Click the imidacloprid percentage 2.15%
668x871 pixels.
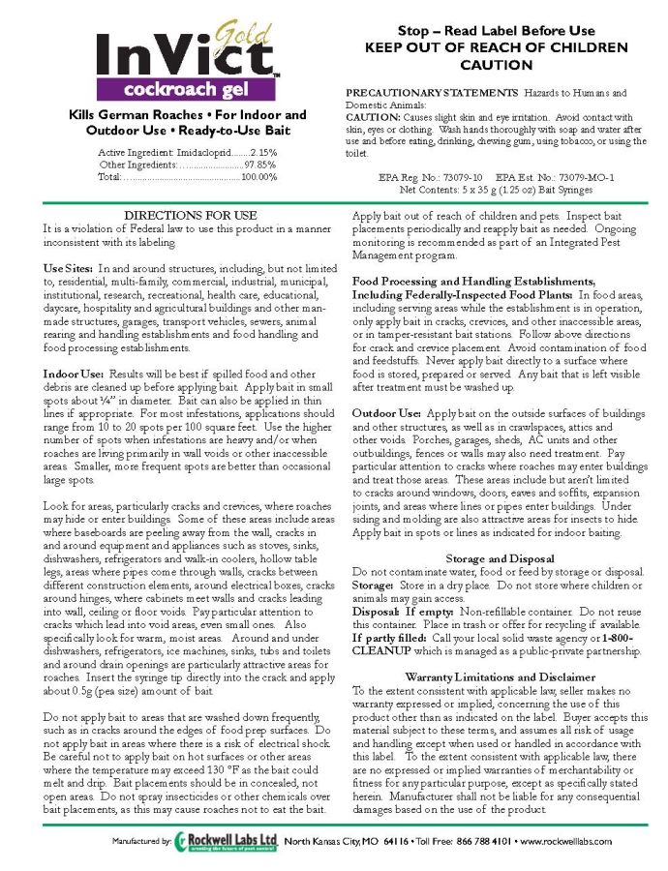pos(263,152)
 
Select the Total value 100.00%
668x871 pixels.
pos(258,177)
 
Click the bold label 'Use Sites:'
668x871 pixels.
pos(68,265)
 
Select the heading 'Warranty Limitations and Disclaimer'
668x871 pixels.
pos(500,676)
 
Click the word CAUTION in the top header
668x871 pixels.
pos(497,65)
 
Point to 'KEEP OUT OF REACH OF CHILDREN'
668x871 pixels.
pos(497,47)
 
